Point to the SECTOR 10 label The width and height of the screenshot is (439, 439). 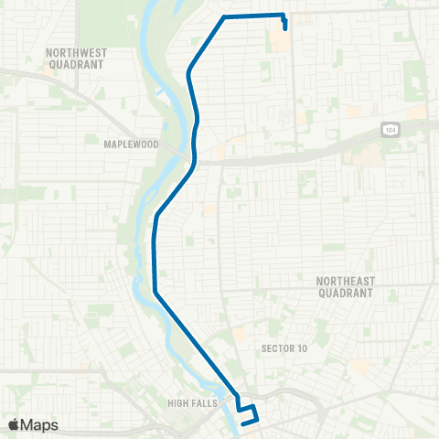[x=284, y=348]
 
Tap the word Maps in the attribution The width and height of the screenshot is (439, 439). [x=39, y=424]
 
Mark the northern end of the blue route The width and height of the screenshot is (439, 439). [x=286, y=27]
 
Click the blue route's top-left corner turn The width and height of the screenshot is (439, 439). [x=225, y=17]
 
